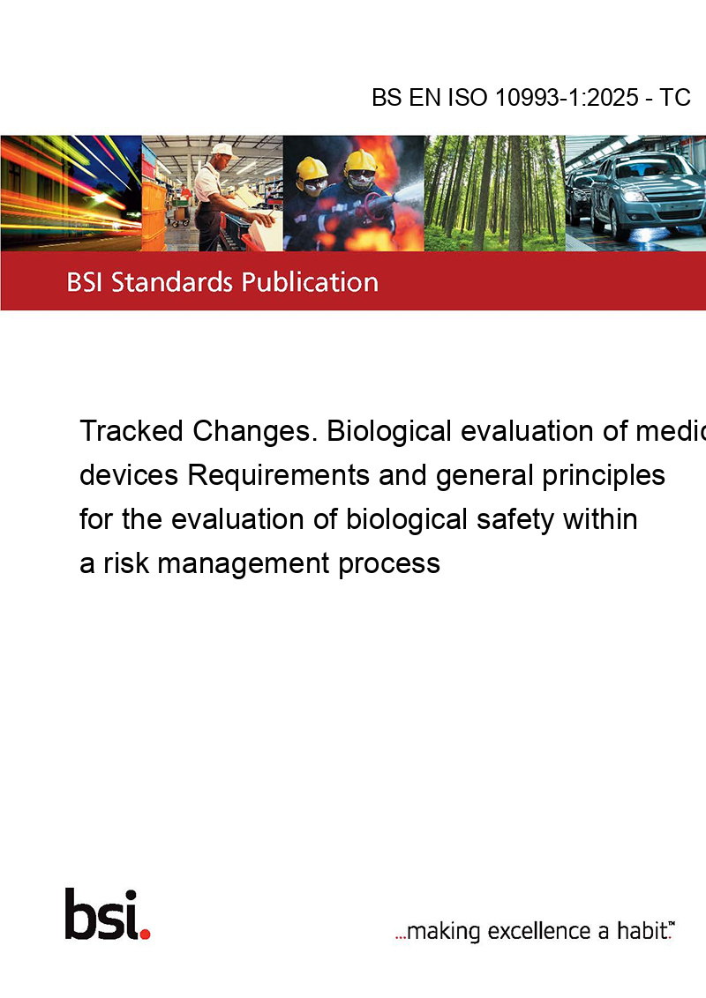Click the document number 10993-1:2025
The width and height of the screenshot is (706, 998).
567,97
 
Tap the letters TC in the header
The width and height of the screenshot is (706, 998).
675,97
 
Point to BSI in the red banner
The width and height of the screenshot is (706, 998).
86,282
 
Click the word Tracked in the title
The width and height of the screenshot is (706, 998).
131,431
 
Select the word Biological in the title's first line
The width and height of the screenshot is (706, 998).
389,431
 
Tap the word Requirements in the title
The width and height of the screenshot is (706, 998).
279,475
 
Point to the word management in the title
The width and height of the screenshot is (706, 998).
244,564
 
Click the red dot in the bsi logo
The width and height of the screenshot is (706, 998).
145,934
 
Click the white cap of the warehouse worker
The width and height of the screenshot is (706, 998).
222,150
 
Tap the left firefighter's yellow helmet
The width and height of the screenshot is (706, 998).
312,168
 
